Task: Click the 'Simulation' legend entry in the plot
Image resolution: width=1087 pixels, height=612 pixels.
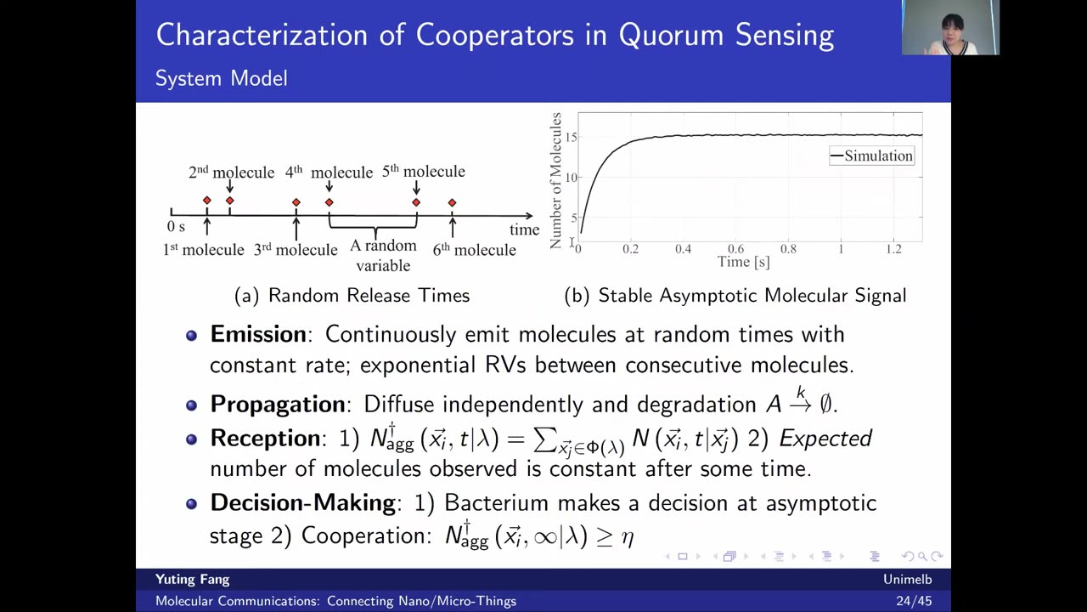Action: pyautogui.click(x=872, y=156)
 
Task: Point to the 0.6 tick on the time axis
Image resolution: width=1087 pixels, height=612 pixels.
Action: pyautogui.click(x=735, y=249)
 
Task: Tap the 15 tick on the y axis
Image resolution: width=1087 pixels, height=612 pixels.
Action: pyautogui.click(x=572, y=137)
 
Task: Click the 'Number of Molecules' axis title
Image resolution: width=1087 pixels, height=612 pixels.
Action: pyautogui.click(x=555, y=181)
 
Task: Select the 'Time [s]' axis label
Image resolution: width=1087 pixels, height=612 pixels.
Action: pyautogui.click(x=743, y=263)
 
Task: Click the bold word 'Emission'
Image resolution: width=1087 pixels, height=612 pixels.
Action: pyautogui.click(x=258, y=334)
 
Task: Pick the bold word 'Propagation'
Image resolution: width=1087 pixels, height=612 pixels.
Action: pyautogui.click(x=278, y=404)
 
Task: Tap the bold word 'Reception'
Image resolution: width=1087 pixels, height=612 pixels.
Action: pyautogui.click(x=265, y=438)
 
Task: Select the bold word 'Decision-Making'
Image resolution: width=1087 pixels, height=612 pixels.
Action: pyautogui.click(x=303, y=502)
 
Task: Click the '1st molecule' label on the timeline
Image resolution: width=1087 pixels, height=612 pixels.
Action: pyautogui.click(x=203, y=250)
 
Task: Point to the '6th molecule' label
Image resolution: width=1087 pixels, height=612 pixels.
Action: pyautogui.click(x=474, y=250)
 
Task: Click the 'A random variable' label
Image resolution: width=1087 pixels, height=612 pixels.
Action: pyautogui.click(x=383, y=256)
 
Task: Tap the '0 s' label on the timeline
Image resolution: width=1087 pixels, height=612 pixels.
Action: pyautogui.click(x=176, y=226)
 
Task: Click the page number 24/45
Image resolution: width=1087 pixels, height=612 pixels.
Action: pyautogui.click(x=915, y=601)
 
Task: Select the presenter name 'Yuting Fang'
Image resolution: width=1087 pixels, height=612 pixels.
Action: pyautogui.click(x=193, y=580)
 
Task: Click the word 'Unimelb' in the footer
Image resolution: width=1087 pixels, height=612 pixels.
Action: pyautogui.click(x=908, y=580)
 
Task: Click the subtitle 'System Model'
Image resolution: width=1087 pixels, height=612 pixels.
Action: pyautogui.click(x=222, y=78)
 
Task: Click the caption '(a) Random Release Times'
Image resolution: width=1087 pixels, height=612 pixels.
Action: pyautogui.click(x=352, y=295)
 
